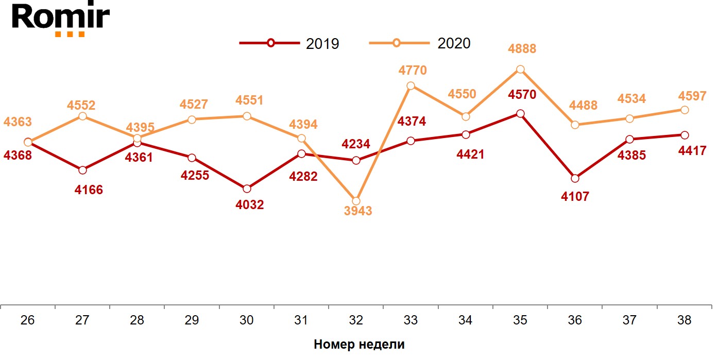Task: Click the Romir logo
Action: coord(61,19)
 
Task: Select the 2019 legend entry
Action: coord(289,43)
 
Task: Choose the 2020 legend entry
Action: coord(420,43)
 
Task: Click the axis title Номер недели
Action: coord(359,345)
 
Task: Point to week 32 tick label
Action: coord(356,320)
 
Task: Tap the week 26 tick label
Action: coord(28,320)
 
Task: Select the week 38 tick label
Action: coord(684,320)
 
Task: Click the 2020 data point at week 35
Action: coord(520,70)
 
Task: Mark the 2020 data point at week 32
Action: coord(356,201)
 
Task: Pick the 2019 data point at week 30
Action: coord(247,189)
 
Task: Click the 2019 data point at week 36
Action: coord(575,178)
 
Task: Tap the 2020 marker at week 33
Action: coord(411,86)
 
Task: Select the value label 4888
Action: coord(522,49)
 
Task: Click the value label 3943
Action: coord(357,211)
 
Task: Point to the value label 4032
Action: coord(249,205)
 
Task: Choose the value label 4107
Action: coord(574,196)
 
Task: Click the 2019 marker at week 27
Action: coord(82,170)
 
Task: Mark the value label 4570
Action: coord(522,95)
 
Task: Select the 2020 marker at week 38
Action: coord(685,110)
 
